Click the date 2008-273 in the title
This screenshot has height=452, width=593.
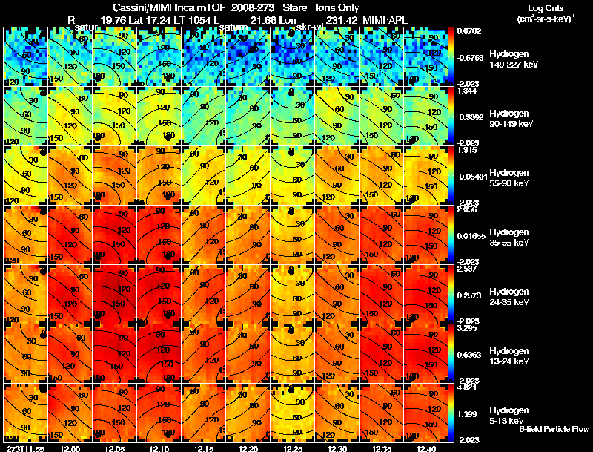[x=246, y=8]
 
